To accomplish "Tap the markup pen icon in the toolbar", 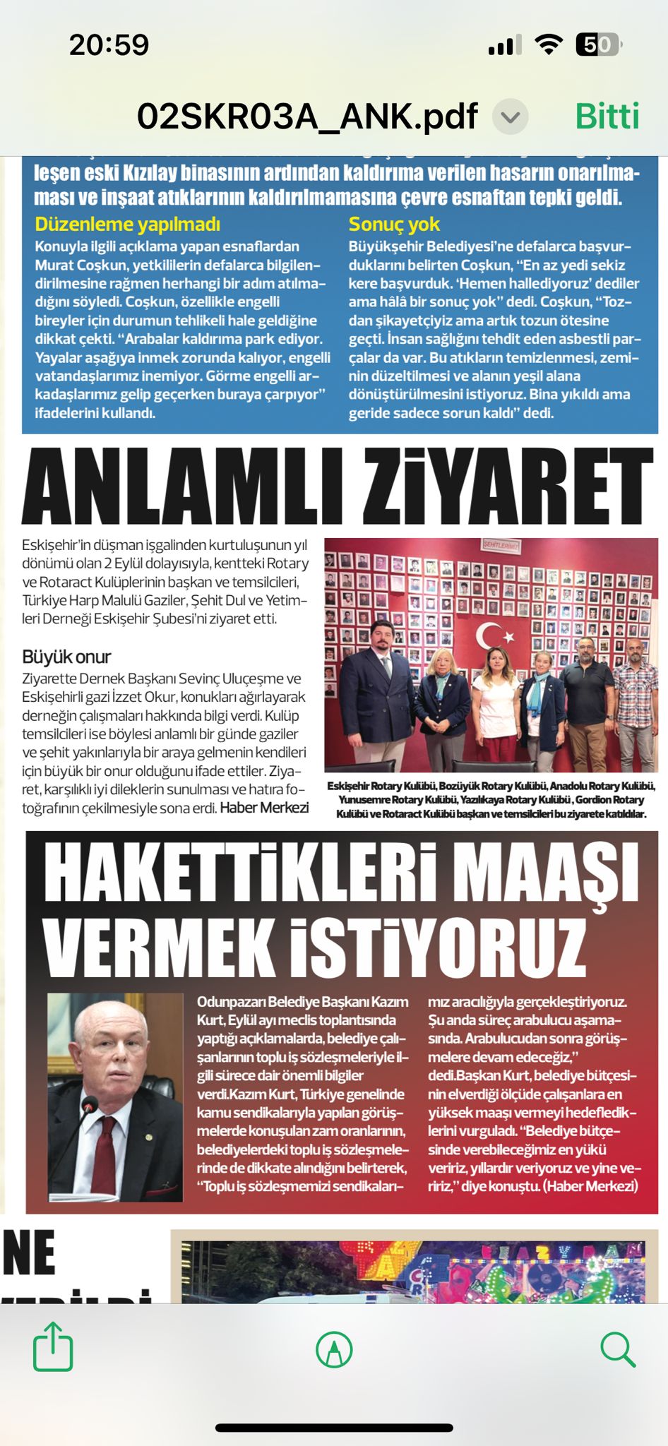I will coord(334,1349).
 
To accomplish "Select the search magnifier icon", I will coord(618,1349).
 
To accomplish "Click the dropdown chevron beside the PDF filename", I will coord(511,117).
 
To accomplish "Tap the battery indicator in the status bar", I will coord(597,45).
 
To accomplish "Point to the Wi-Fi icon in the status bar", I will coord(548,44).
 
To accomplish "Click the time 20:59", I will coord(109,45).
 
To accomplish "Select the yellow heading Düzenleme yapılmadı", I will coord(128,225).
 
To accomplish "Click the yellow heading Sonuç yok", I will coord(394,225).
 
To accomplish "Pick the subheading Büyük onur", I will coord(66,657).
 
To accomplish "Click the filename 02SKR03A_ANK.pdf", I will coord(307,116).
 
